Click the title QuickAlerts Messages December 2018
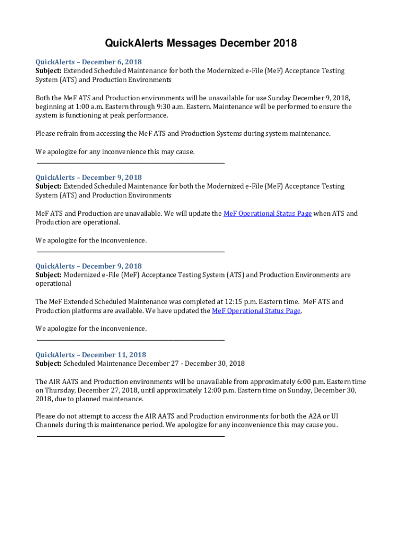201,43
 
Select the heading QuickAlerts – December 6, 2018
88,62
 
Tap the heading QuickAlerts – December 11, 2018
91,355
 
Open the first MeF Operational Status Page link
267,214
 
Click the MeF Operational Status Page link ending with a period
256,311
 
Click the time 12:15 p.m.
239,302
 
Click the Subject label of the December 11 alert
49,364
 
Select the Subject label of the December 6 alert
49,71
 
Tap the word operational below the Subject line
53,284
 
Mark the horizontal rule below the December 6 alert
130,164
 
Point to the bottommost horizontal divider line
130,436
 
